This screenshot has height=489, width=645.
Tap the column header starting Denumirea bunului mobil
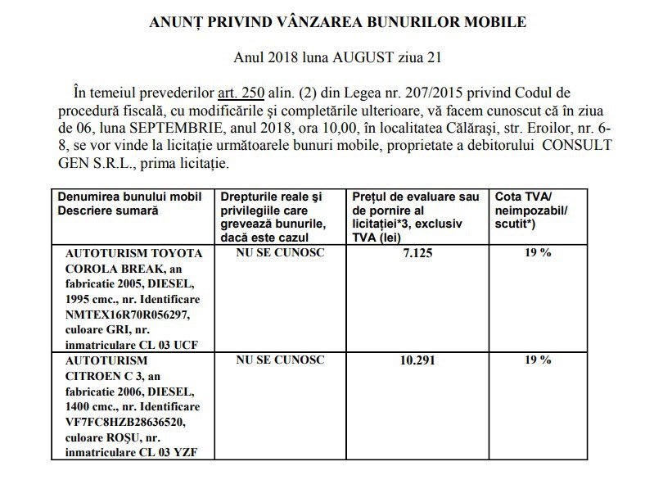[129, 197]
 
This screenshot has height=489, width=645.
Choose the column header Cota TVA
[523, 197]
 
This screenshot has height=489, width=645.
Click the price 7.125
[417, 254]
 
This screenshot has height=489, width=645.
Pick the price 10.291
[417, 360]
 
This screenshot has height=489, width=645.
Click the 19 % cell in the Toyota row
[538, 253]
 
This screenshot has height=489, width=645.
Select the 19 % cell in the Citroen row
[538, 360]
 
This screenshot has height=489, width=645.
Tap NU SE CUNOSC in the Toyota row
[280, 252]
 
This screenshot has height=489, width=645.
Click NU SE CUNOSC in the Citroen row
[280, 360]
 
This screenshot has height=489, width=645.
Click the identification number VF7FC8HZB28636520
[128, 421]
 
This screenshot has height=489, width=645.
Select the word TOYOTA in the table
[170, 252]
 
